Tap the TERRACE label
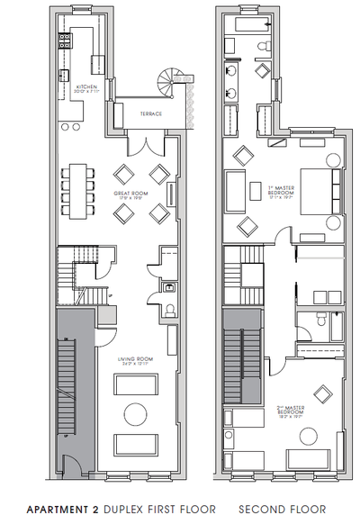[x=150, y=113]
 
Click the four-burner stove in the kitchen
[x=65, y=40]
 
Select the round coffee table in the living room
[x=135, y=414]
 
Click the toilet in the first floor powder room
[x=171, y=312]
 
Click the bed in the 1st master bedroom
[x=313, y=190]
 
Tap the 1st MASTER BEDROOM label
[x=282, y=190]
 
